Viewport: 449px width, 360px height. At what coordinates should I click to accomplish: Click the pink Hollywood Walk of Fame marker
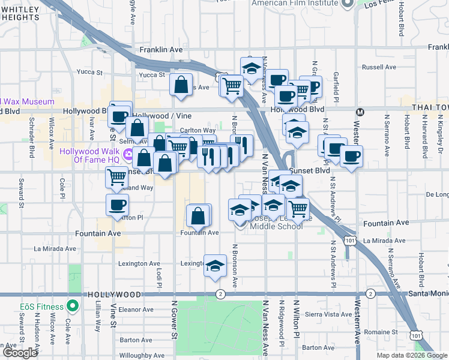128,157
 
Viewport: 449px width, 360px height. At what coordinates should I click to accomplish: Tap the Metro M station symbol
361,112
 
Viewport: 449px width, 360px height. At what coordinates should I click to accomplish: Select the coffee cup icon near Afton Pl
117,205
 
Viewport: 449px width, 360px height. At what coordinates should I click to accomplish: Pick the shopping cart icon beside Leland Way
116,177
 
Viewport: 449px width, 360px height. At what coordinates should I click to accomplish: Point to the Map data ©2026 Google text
412,355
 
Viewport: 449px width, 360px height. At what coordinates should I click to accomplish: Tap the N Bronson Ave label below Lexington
235,274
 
